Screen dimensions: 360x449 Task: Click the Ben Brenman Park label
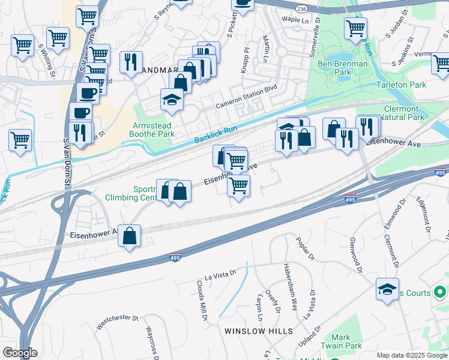pyautogui.click(x=334, y=68)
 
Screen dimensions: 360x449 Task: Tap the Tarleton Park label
pyautogui.click(x=401, y=85)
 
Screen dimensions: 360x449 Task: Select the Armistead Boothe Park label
pyautogui.click(x=154, y=130)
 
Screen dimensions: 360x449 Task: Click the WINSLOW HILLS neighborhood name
pyautogui.click(x=259, y=331)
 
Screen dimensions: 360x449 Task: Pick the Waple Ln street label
pyautogui.click(x=295, y=20)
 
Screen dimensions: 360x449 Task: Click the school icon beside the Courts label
pyautogui.click(x=387, y=290)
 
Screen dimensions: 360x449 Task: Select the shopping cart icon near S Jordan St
pyautogui.click(x=356, y=28)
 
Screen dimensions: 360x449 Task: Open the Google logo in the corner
pyautogui.click(x=20, y=353)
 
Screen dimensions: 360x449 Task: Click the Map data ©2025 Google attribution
pyautogui.click(x=412, y=355)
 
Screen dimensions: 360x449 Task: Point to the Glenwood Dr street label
pyautogui.click(x=355, y=254)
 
